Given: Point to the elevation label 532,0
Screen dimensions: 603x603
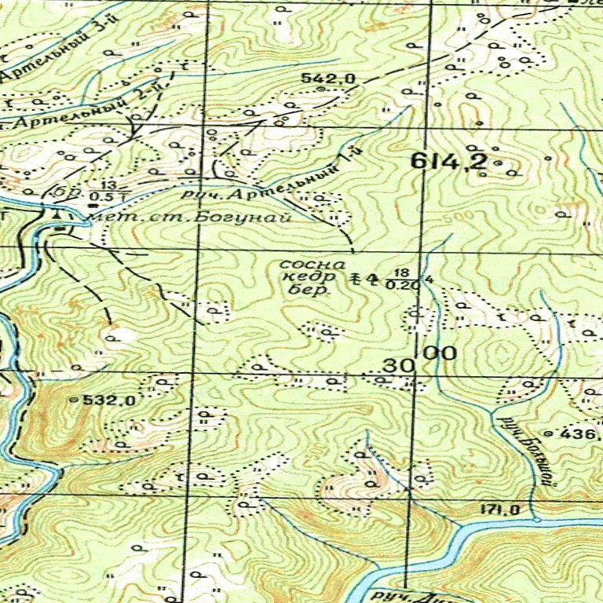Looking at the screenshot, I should [110, 400].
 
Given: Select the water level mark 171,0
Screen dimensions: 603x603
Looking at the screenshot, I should [500, 510].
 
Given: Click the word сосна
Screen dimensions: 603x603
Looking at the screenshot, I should [312, 265].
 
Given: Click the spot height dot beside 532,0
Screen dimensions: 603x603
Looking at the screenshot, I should [75, 400].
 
